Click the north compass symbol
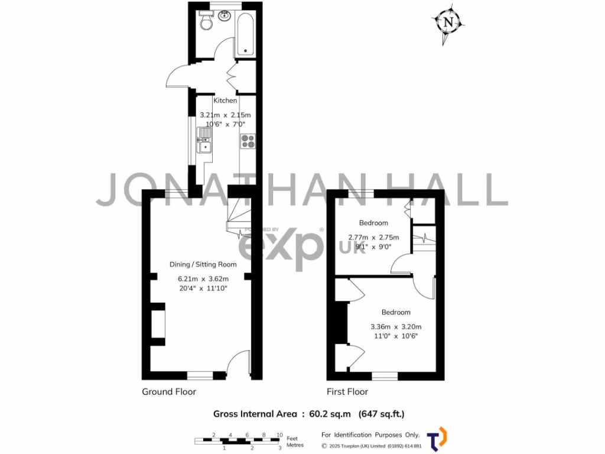(448, 23)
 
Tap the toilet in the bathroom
(206, 22)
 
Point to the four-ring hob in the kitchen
(248, 141)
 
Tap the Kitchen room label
(225, 100)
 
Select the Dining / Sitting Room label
(203, 264)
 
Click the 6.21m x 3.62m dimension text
(203, 278)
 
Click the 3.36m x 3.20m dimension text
(395, 326)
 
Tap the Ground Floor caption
(169, 391)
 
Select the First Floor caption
(347, 391)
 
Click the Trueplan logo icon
(437, 438)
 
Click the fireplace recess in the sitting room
(157, 324)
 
